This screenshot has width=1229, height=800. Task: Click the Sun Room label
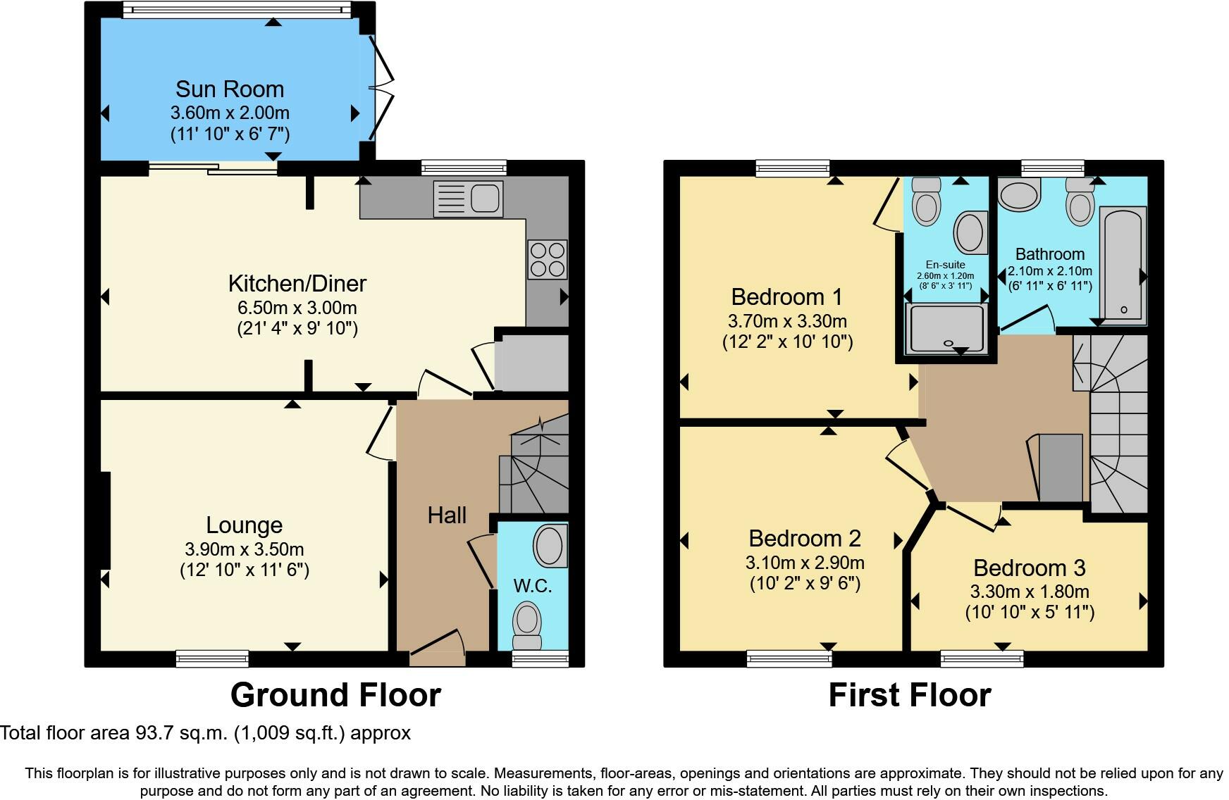pyautogui.click(x=230, y=89)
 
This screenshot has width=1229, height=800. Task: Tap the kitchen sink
pyautogui.click(x=468, y=198)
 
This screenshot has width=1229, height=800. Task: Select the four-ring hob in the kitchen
pyautogui.click(x=547, y=259)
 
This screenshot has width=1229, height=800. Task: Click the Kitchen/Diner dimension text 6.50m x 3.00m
pyautogui.click(x=297, y=308)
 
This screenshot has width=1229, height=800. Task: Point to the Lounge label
pyautogui.click(x=245, y=525)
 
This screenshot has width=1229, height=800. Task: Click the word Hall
pyautogui.click(x=447, y=515)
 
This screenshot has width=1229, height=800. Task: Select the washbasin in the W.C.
pyautogui.click(x=549, y=546)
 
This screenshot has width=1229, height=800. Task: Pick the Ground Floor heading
pyautogui.click(x=335, y=695)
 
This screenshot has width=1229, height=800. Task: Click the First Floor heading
pyautogui.click(x=910, y=695)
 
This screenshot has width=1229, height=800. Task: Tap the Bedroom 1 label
pyautogui.click(x=787, y=297)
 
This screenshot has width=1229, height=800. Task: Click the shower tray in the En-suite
pyautogui.click(x=946, y=328)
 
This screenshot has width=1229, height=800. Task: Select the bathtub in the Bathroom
pyautogui.click(x=1123, y=263)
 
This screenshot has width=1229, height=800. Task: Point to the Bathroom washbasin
pyautogui.click(x=1019, y=195)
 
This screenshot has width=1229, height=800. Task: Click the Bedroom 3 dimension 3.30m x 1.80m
pyautogui.click(x=1030, y=592)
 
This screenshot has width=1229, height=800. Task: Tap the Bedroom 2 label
pyautogui.click(x=805, y=539)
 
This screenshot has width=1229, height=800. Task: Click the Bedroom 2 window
pyautogui.click(x=789, y=659)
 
